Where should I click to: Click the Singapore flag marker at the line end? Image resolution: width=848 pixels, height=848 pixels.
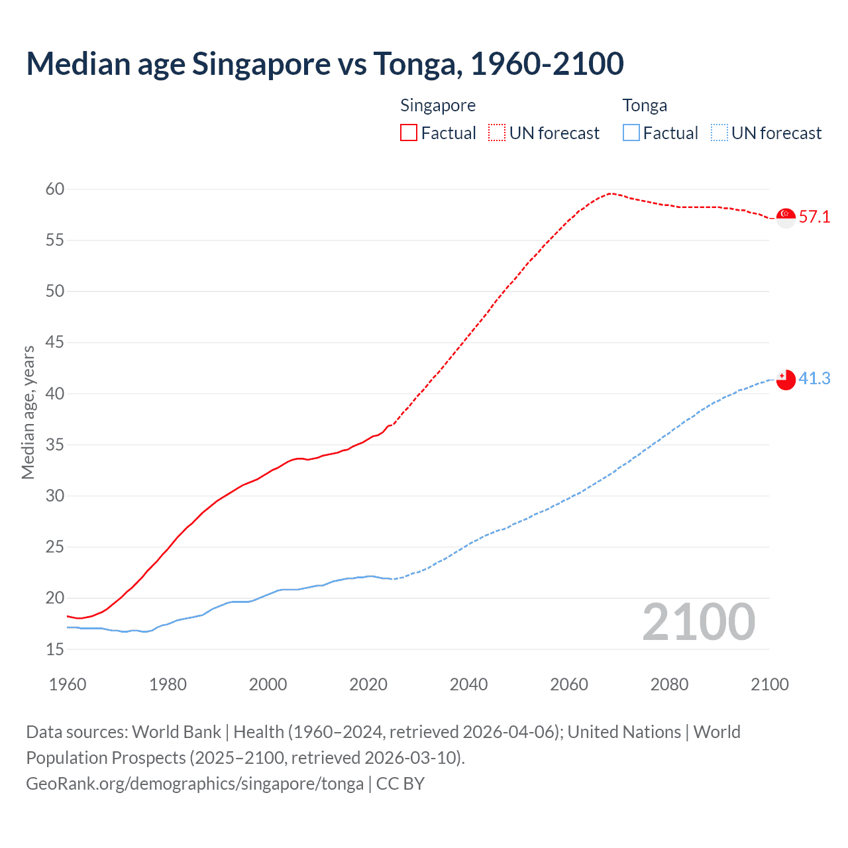coord(786,217)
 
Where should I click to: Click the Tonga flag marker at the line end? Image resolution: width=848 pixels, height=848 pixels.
coord(786,380)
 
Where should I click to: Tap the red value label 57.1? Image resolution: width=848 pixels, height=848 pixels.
coord(814,217)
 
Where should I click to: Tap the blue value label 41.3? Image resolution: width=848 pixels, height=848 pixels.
coord(814,378)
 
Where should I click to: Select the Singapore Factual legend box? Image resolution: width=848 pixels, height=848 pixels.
coord(409,133)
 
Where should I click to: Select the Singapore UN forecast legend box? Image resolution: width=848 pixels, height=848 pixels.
coord(497,133)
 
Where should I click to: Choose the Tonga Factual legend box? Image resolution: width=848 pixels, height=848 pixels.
coord(631,133)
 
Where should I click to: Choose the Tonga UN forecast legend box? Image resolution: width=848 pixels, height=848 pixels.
coord(719,133)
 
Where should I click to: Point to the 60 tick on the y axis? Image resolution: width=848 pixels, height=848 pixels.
coord(55,189)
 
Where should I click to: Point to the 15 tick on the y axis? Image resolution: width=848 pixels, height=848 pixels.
coord(55,650)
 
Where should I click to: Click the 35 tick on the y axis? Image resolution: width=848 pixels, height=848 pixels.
coord(55,445)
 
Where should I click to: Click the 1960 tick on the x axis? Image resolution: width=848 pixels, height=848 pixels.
coord(68,684)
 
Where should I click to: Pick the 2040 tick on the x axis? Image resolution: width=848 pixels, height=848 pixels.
coord(468,684)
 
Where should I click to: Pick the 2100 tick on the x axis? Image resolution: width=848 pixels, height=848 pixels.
coord(770,684)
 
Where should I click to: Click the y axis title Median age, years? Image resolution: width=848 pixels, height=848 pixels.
coord(28,412)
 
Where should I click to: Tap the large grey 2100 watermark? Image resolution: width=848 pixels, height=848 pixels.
coord(699,622)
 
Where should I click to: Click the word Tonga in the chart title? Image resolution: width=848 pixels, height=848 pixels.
coord(415,64)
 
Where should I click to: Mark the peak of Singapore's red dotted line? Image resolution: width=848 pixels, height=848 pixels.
coord(610,193)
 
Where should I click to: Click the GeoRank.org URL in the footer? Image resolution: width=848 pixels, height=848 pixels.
coord(195,784)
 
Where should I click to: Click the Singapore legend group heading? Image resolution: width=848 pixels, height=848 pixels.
coord(438,106)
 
